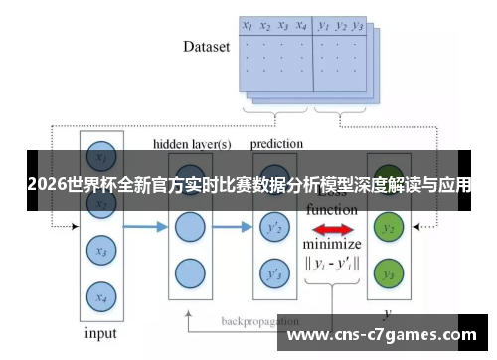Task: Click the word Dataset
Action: click(207, 46)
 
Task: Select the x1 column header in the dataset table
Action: click(248, 27)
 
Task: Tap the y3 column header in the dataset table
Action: click(359, 27)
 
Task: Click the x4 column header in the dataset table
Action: click(301, 27)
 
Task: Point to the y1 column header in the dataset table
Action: click(323, 27)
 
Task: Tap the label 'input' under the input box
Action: click(100, 333)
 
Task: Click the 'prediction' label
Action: click(276, 144)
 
